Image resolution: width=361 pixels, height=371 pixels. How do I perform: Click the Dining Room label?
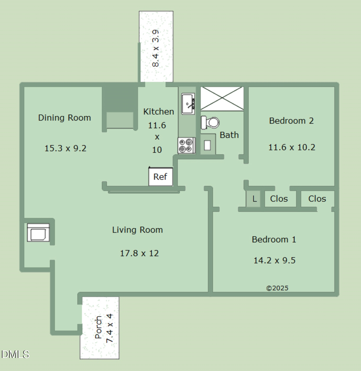(64, 118)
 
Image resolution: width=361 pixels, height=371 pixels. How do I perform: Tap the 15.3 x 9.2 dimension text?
(65, 148)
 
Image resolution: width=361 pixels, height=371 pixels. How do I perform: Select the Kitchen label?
(159, 111)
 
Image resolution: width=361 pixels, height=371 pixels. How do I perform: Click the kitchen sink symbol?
(188, 104)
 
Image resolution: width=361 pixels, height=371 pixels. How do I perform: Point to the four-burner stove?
(186, 145)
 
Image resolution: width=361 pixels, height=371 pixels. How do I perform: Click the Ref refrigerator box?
(160, 177)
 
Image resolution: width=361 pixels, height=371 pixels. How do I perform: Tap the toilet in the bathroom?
(210, 123)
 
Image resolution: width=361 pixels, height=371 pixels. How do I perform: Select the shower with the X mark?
(222, 99)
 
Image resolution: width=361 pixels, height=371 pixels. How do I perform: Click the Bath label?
(229, 135)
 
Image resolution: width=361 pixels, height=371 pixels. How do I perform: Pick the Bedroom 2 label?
(291, 121)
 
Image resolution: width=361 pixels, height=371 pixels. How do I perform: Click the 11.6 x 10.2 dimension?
(292, 147)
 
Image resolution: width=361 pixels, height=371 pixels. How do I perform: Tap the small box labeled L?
(254, 199)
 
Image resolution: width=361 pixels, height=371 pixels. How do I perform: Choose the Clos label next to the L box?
(279, 198)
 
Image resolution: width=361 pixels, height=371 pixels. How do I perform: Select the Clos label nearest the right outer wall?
(317, 198)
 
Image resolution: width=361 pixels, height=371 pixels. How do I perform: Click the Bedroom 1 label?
(274, 240)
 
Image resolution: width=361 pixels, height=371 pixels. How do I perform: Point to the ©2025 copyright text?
(277, 288)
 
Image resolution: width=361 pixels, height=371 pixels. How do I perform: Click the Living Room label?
(137, 230)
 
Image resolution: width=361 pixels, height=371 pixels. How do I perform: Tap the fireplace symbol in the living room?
(39, 233)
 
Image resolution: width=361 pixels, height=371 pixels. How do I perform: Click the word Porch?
(98, 328)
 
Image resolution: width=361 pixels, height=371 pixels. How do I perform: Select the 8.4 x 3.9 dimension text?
(156, 48)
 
